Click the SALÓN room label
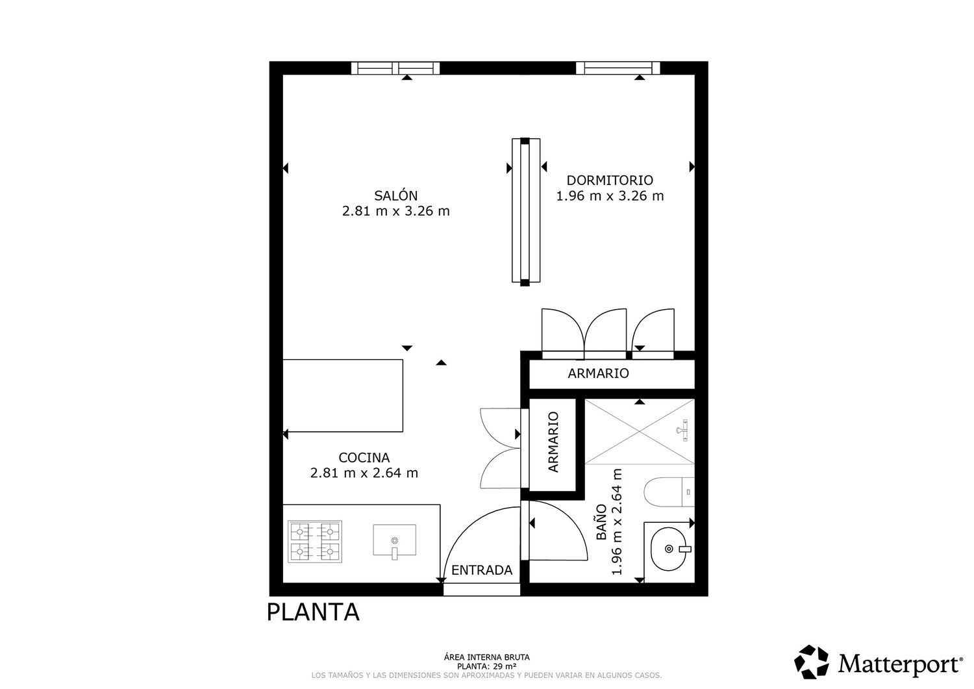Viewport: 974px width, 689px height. click(x=395, y=195)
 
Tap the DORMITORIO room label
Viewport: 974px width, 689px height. click(x=610, y=180)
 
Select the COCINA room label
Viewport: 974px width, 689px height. click(x=364, y=457)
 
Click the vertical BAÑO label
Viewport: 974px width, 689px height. click(x=601, y=523)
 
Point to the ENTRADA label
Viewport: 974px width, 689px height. click(x=482, y=570)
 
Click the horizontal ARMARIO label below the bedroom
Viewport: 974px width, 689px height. click(x=598, y=373)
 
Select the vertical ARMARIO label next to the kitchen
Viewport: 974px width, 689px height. click(x=553, y=442)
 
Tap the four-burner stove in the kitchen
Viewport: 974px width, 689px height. click(x=315, y=542)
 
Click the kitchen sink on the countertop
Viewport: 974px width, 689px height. click(x=395, y=540)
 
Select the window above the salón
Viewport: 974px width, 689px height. click(x=395, y=68)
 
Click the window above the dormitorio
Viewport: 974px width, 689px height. click(x=618, y=68)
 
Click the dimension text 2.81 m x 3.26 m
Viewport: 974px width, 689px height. click(x=395, y=211)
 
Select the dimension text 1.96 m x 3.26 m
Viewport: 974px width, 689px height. click(x=610, y=195)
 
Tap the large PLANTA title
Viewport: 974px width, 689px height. click(x=313, y=612)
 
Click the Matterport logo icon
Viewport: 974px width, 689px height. click(x=812, y=662)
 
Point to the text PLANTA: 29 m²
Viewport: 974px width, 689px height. click(x=487, y=666)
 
